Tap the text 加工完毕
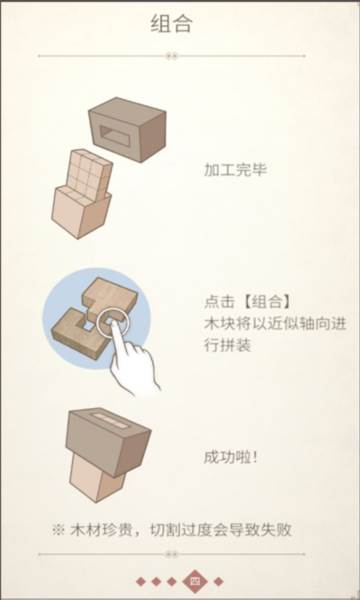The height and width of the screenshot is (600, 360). [232, 169]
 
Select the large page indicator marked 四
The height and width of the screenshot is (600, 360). [195, 581]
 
